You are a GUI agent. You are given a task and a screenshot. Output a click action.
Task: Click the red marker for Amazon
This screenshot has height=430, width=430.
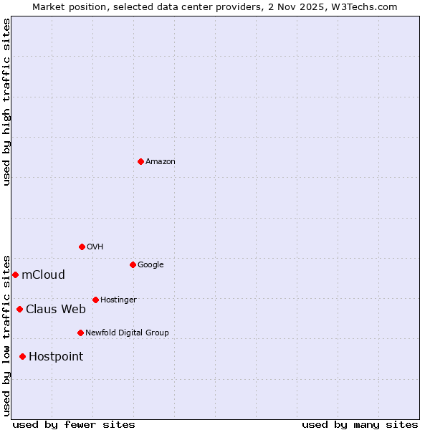point(140,161)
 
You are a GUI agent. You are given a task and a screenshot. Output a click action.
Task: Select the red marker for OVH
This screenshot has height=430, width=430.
point(82,247)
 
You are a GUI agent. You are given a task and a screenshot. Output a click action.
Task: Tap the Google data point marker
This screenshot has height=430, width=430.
point(133,264)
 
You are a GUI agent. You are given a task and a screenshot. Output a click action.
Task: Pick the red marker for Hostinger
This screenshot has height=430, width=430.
point(95,300)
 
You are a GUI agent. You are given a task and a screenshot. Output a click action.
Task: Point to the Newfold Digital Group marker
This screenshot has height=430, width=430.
point(80,333)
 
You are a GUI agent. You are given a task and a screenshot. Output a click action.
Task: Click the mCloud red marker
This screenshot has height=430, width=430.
point(15,274)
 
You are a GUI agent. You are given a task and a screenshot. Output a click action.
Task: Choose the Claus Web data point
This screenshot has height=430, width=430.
point(19,309)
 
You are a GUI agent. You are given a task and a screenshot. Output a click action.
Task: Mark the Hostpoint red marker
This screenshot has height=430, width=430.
point(22,356)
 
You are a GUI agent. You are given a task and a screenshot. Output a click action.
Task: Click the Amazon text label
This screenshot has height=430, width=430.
point(161,162)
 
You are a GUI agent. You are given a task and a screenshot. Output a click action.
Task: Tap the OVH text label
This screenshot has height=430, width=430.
point(95,247)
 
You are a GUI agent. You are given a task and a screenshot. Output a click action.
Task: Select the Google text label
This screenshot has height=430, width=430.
point(150,265)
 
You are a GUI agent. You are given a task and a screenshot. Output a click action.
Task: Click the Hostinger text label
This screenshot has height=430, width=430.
point(118,300)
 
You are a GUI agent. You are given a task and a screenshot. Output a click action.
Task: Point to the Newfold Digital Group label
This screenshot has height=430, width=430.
point(127,333)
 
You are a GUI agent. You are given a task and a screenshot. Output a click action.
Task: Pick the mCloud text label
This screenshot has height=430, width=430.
point(43,275)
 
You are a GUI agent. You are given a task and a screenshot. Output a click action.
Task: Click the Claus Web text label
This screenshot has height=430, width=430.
point(56,310)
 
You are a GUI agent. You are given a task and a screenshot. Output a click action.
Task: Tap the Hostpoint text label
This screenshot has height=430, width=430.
point(56,357)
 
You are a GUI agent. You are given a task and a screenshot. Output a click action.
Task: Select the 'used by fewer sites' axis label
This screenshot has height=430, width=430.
point(74,425)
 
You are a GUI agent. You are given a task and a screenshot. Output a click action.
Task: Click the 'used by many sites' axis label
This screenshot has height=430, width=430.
point(360,425)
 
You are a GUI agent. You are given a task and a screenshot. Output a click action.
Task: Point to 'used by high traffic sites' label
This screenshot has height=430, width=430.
point(6,102)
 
